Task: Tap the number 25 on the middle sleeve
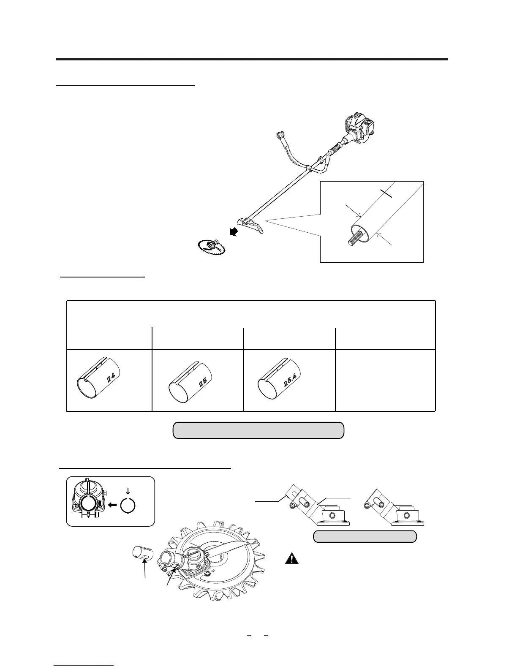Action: (x=203, y=381)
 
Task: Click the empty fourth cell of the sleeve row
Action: (x=385, y=380)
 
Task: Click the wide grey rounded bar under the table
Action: (x=258, y=430)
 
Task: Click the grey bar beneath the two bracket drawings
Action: (x=365, y=536)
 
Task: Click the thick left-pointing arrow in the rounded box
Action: (x=112, y=504)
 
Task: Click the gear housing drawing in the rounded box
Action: (x=88, y=500)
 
